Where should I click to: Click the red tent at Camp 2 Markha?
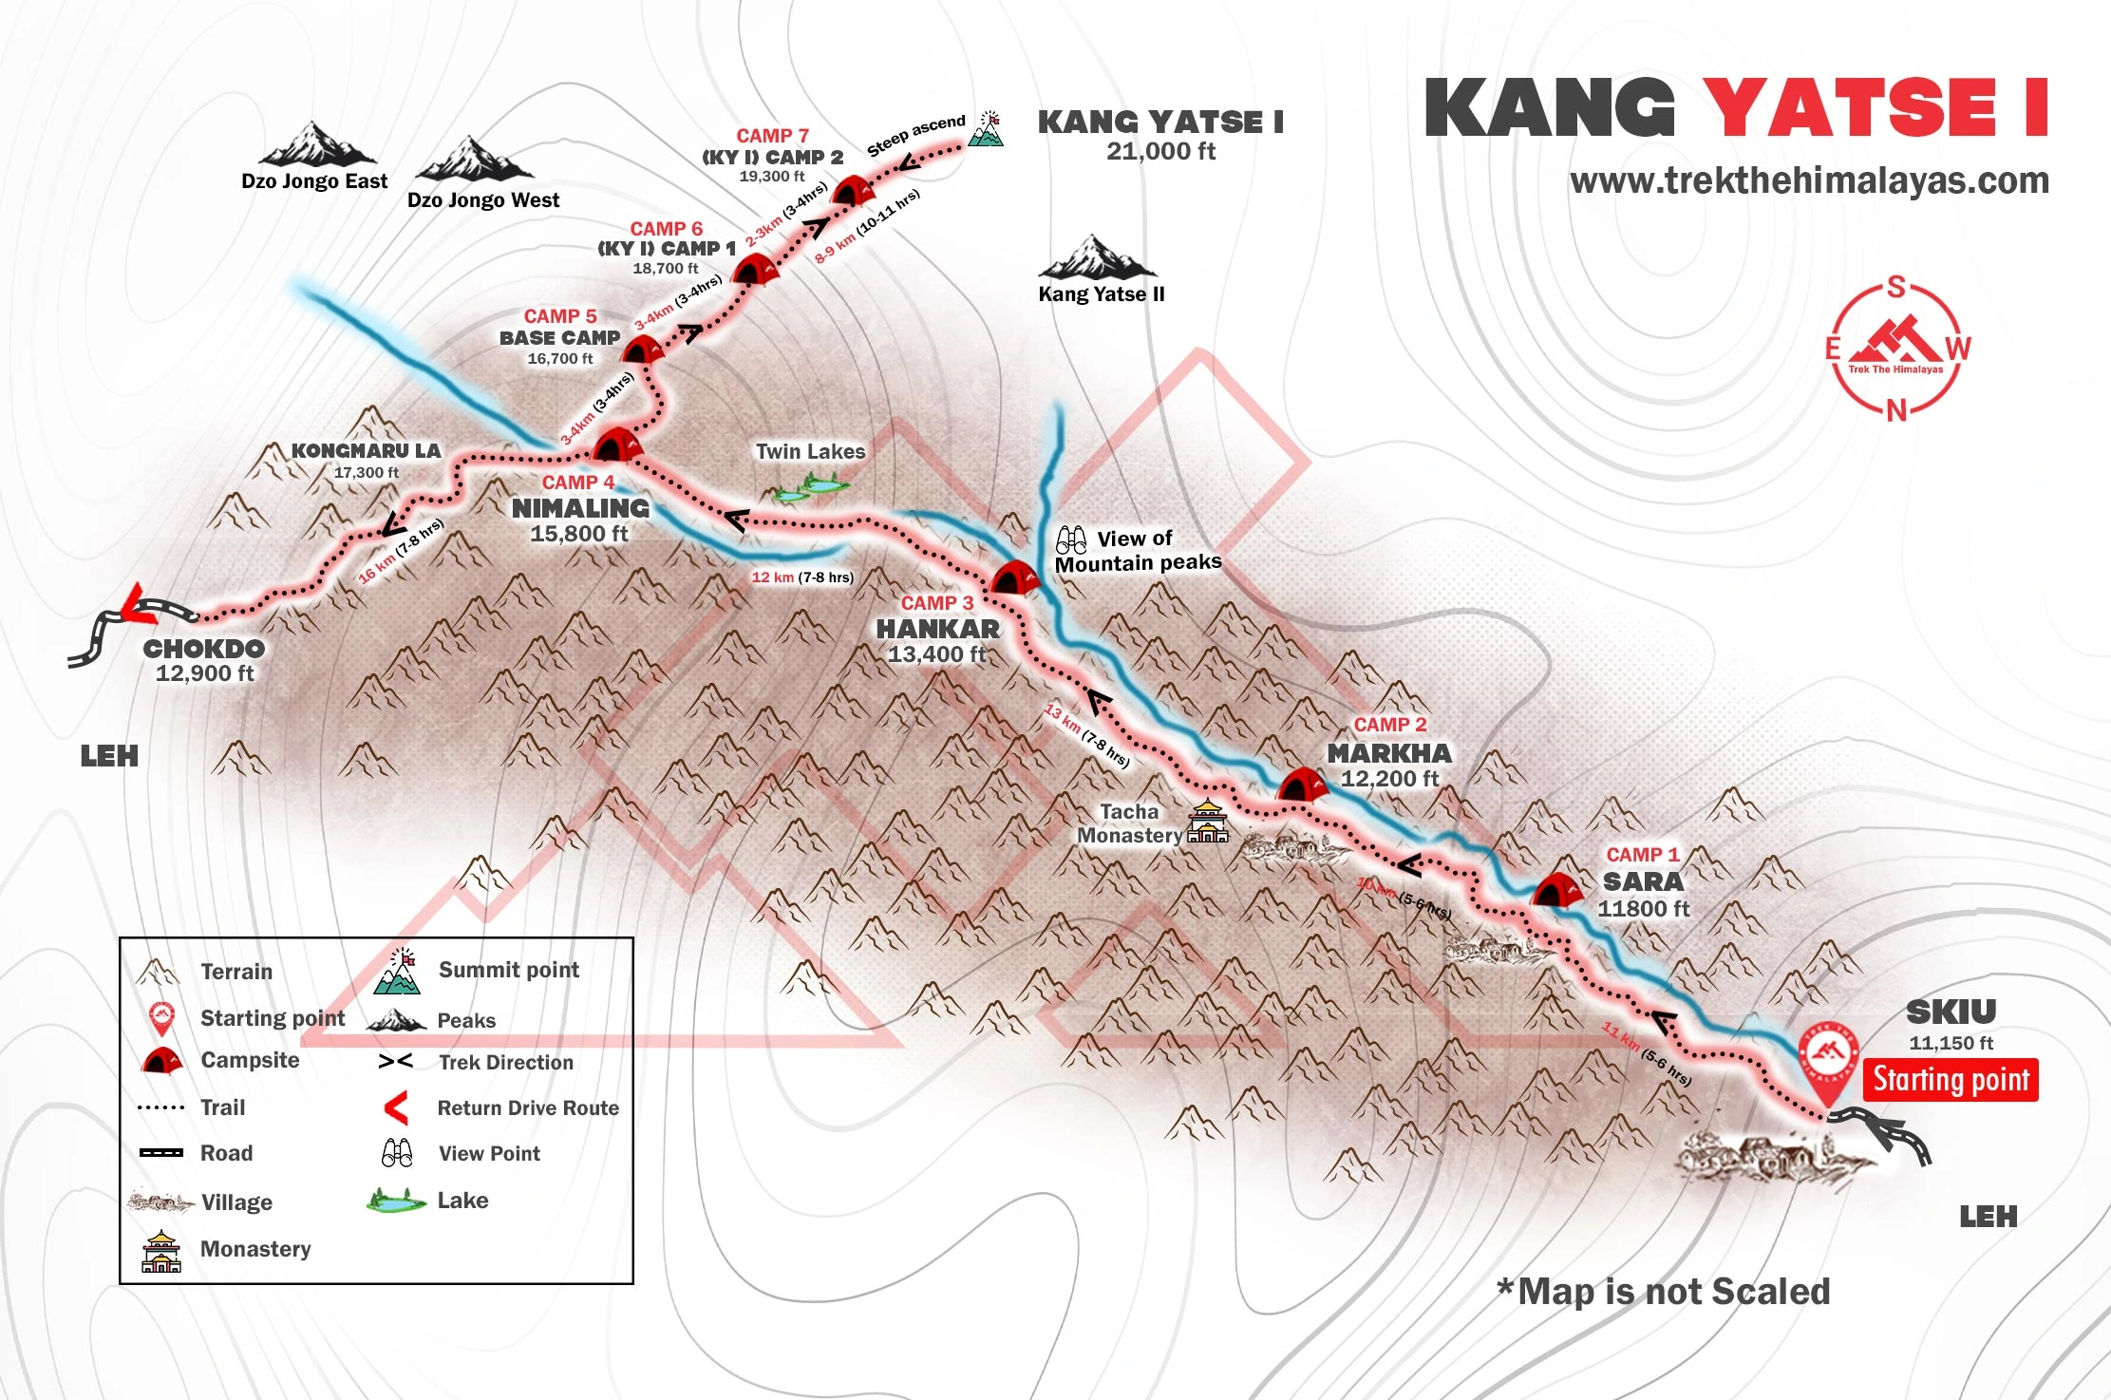[x=1302, y=786]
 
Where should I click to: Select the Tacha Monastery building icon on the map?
[x=1207, y=823]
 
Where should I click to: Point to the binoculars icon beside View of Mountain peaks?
[x=1071, y=540]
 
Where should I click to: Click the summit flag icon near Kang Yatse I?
[x=988, y=130]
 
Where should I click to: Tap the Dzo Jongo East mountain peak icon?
[x=316, y=144]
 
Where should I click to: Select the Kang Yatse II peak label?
[x=1101, y=294]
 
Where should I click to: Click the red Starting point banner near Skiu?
[x=1950, y=1080]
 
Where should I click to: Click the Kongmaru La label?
[x=366, y=451]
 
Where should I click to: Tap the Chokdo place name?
[x=204, y=649]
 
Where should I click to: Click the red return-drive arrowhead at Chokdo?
[x=139, y=604]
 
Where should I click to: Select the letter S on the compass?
[x=1895, y=287]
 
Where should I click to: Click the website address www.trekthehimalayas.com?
[x=1809, y=180]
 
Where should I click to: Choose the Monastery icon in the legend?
[x=160, y=1251]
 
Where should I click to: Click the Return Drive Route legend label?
[x=528, y=1107]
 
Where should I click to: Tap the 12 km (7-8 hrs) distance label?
[x=802, y=577]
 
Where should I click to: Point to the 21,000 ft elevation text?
[x=1160, y=152]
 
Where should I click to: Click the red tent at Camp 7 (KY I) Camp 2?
[x=851, y=191]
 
